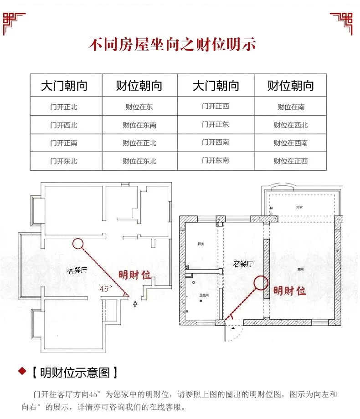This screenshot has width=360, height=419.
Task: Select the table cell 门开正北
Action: click(x=64, y=107)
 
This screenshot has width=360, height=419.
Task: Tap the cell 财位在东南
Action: click(x=139, y=125)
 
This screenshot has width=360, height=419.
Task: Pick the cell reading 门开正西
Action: click(x=216, y=107)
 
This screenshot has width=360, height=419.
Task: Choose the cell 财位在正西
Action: click(x=291, y=161)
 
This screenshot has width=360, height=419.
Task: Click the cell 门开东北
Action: click(x=64, y=161)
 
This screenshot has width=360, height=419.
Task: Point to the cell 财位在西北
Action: click(x=291, y=125)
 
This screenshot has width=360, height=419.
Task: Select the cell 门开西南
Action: click(x=216, y=143)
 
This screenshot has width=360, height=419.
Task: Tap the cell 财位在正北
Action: click(x=139, y=143)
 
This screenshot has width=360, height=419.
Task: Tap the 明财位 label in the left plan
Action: click(x=134, y=275)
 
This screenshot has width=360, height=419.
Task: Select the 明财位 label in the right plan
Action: click(x=289, y=291)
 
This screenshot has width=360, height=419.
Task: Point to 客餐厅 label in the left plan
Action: click(x=77, y=271)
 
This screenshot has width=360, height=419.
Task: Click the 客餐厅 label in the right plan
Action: click(x=243, y=264)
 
